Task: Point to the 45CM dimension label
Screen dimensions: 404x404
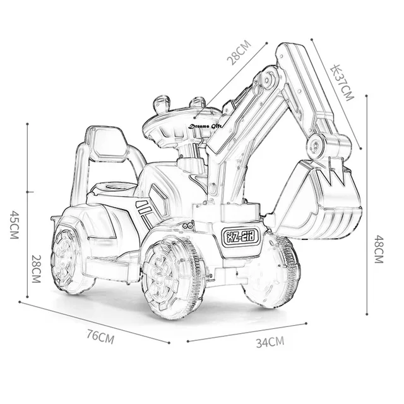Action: pos(14,225)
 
